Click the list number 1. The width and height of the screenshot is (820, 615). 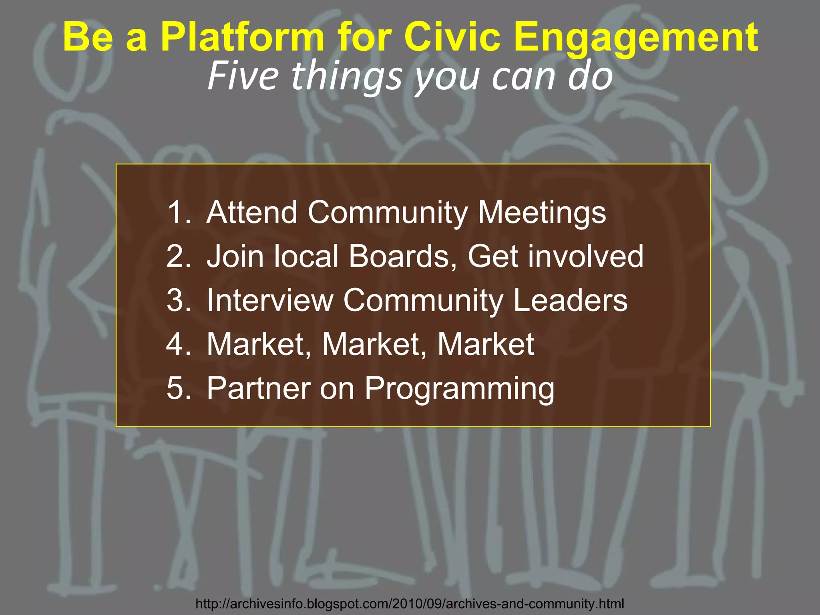pyautogui.click(x=178, y=212)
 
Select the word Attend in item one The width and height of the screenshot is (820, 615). pyautogui.click(x=252, y=212)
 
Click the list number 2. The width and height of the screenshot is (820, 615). pyautogui.click(x=178, y=256)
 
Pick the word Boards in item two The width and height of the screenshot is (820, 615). pyautogui.click(x=402, y=256)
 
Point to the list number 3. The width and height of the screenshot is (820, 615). pyautogui.click(x=178, y=300)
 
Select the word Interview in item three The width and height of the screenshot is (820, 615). pyautogui.click(x=270, y=300)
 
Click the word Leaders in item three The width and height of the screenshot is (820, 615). pyautogui.click(x=570, y=300)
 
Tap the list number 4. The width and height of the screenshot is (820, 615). pyautogui.click(x=178, y=344)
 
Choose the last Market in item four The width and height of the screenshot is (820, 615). pyautogui.click(x=486, y=344)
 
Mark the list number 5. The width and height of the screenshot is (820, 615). pyautogui.click(x=178, y=388)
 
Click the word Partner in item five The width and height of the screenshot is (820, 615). pyautogui.click(x=259, y=388)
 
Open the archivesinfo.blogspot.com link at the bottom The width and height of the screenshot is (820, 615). pyautogui.click(x=410, y=603)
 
